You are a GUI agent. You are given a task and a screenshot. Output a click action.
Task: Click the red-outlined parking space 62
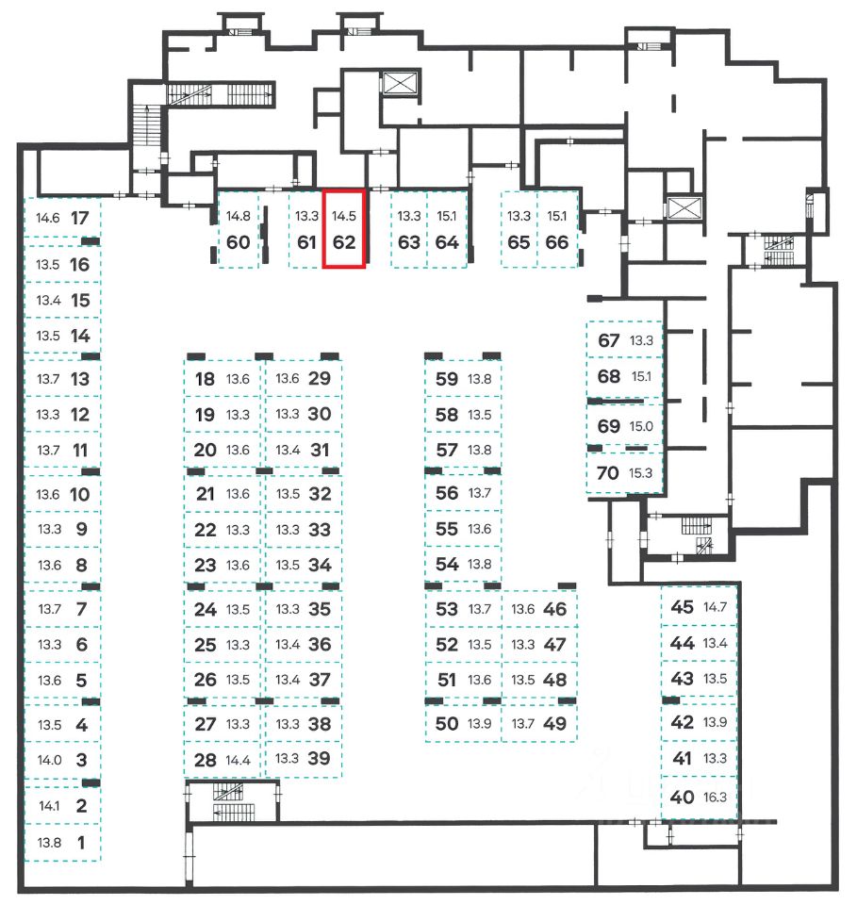[344, 229]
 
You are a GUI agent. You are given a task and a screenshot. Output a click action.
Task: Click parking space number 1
[80, 843]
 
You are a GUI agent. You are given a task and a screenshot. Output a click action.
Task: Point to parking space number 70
[608, 472]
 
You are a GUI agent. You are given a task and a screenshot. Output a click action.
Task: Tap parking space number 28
[205, 760]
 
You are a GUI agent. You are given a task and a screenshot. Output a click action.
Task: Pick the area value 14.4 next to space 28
[239, 760]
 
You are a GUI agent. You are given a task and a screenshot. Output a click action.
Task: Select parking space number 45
[682, 606]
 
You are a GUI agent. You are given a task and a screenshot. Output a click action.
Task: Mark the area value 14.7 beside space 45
[717, 606]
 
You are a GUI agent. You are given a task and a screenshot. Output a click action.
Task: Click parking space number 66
[557, 241]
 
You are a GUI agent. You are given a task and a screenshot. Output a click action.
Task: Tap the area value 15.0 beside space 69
[641, 426]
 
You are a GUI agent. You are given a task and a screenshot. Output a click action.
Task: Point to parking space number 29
[320, 379]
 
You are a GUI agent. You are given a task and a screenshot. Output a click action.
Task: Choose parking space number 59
[447, 379]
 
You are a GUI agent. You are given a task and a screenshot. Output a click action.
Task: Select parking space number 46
[555, 609]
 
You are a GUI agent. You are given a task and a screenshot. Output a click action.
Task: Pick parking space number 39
[320, 758]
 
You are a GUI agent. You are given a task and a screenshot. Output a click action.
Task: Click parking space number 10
[80, 493]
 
